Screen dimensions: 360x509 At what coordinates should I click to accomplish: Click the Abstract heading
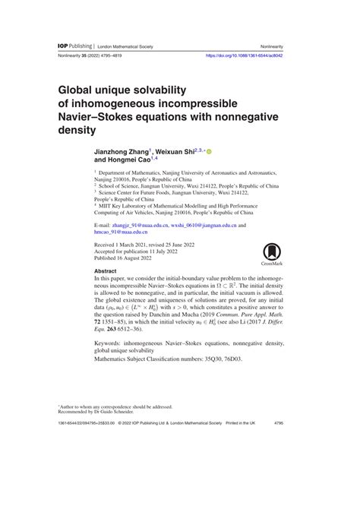click(105, 270)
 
